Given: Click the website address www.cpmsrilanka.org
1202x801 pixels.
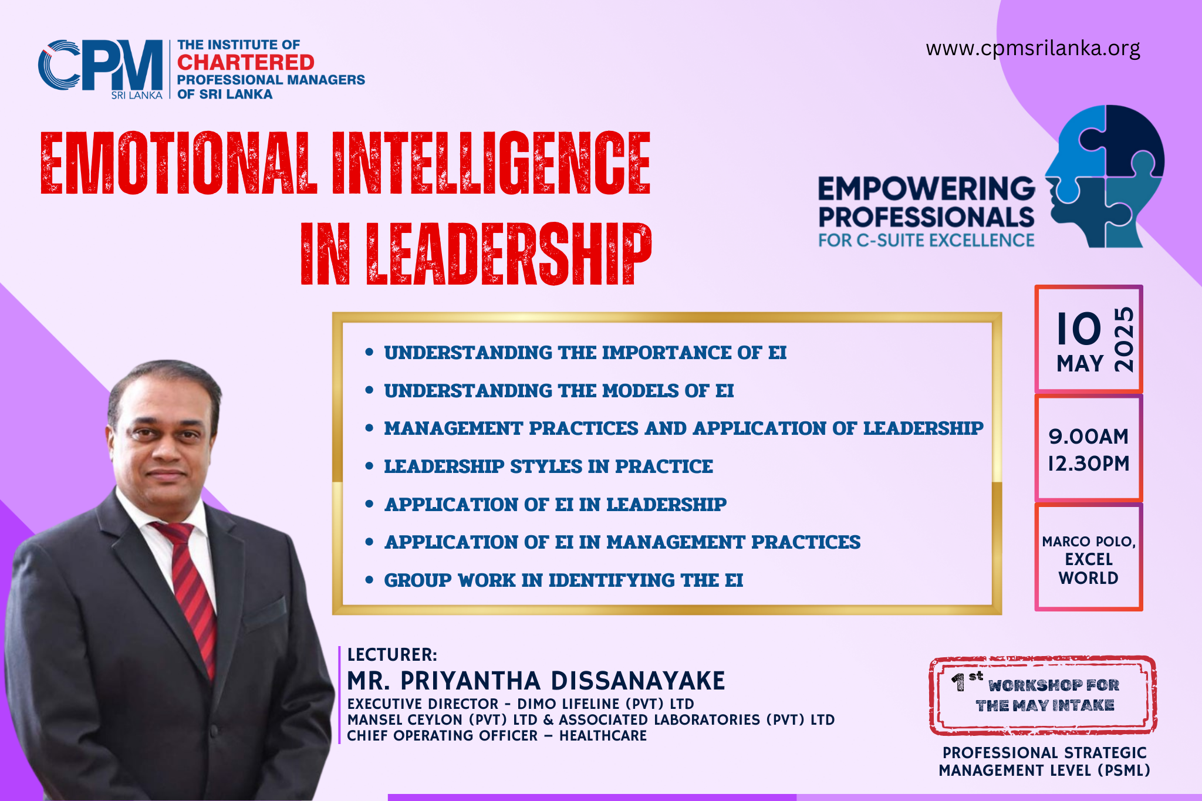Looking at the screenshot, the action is point(1033,48).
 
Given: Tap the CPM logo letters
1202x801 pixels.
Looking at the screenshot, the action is point(100,65).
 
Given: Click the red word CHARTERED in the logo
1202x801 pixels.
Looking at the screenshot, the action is point(246,62).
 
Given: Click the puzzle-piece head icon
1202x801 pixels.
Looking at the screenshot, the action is point(1104,176).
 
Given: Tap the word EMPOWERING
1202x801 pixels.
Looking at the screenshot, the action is point(927,189).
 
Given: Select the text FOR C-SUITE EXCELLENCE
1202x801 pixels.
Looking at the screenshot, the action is point(926,241).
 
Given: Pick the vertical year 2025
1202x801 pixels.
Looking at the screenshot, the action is point(1124,339).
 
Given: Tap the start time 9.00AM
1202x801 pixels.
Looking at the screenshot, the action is point(1089,437).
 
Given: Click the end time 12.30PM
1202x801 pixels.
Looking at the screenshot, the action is point(1089,464).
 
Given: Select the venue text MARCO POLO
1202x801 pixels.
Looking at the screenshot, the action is point(1089,542).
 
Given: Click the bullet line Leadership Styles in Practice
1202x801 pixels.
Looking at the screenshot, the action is point(548,467).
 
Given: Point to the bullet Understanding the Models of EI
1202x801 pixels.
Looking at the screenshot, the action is point(559,391).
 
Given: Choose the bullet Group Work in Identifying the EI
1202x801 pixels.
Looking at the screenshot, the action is point(563,580).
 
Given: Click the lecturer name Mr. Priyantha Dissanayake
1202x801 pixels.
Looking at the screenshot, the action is point(536,681).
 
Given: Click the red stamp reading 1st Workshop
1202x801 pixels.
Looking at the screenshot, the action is point(1043,695).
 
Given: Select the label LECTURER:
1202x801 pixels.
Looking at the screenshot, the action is point(392,655).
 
